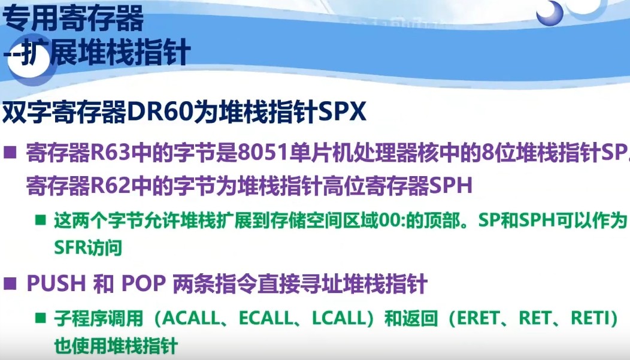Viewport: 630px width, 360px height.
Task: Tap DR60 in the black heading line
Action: pyautogui.click(x=159, y=112)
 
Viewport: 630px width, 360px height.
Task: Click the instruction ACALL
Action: pyautogui.click(x=193, y=319)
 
